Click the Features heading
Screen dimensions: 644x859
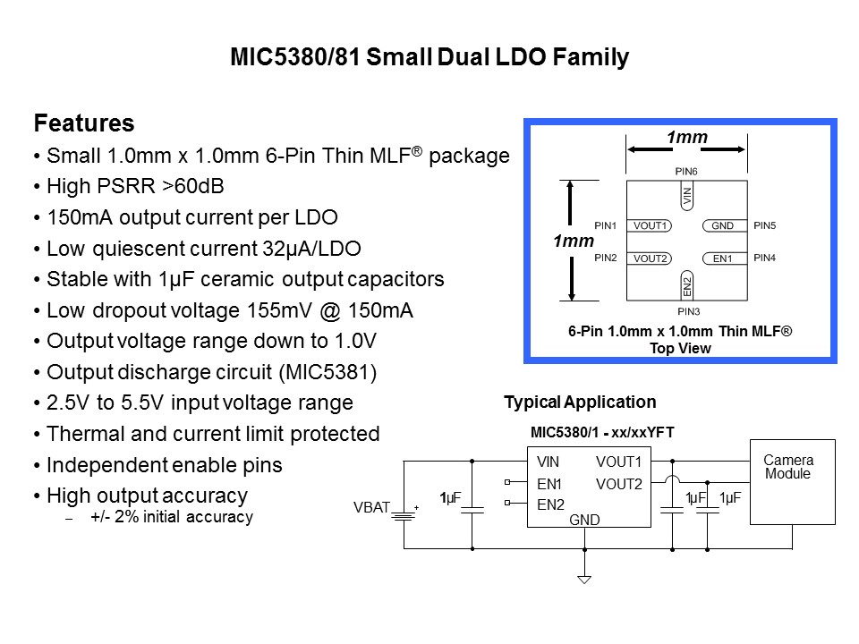(x=83, y=123)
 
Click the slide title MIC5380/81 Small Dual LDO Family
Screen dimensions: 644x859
(x=429, y=59)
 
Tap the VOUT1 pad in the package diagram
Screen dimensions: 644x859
(x=651, y=225)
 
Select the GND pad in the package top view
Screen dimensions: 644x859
(x=722, y=225)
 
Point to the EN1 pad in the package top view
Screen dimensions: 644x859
(x=722, y=258)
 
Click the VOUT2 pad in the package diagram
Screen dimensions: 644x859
(x=651, y=258)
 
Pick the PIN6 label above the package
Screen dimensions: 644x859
(x=686, y=170)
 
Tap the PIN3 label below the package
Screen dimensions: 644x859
(x=687, y=311)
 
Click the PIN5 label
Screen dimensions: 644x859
(x=765, y=225)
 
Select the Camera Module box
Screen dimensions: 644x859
(x=792, y=481)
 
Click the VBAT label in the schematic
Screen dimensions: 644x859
(x=371, y=508)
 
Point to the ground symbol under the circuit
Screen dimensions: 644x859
(x=584, y=580)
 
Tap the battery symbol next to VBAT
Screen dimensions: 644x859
(x=406, y=514)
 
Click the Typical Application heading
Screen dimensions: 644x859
(x=580, y=402)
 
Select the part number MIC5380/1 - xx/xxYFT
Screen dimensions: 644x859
(x=602, y=433)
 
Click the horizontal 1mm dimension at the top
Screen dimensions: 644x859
(x=686, y=137)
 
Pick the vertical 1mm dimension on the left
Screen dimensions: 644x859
(x=574, y=241)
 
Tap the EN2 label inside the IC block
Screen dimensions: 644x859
(x=550, y=504)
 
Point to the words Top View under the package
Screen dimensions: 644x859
(x=680, y=348)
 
